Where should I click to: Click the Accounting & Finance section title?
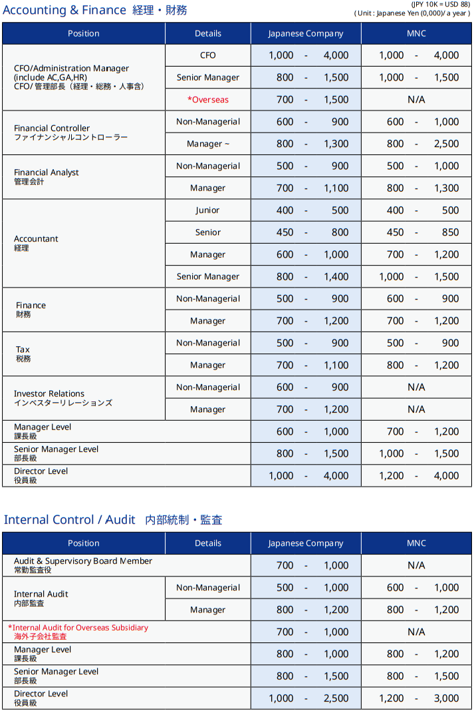click(94, 10)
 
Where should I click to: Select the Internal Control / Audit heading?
click(113, 520)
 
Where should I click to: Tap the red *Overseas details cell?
click(207, 100)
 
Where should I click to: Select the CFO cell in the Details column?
click(207, 55)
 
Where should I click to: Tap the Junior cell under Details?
click(207, 210)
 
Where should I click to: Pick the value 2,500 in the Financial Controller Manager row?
click(446, 144)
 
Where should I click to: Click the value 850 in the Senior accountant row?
click(450, 232)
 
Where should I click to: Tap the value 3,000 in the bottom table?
click(446, 698)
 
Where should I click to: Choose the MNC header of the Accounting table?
click(416, 33)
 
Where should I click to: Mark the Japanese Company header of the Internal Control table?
click(306, 543)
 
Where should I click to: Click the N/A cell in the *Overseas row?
click(416, 100)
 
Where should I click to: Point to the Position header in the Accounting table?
click(84, 33)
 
